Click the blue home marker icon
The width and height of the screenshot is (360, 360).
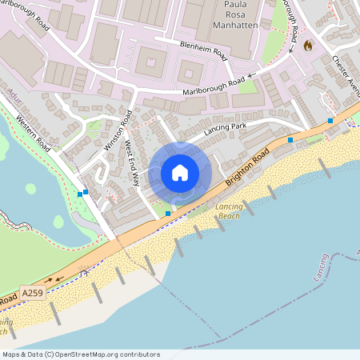click(180, 173)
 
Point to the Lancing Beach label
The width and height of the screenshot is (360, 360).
click(228, 211)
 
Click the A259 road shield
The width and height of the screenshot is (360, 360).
click(33, 294)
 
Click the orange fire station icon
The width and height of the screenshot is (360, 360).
click(308, 47)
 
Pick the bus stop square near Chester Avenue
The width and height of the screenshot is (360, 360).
click(330, 121)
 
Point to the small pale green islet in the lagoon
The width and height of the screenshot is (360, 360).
click(30, 189)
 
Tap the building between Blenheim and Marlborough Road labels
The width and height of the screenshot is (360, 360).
click(190, 67)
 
